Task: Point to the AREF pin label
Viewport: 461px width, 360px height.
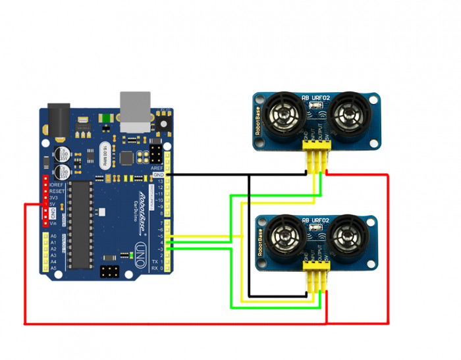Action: pos(157,168)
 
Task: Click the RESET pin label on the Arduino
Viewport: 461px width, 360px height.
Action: pos(56,191)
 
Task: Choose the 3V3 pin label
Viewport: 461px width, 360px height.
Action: pos(54,197)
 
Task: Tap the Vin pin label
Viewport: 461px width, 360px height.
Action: pos(53,224)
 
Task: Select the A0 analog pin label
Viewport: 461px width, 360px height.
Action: pos(53,236)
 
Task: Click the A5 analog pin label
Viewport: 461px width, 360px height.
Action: pos(53,268)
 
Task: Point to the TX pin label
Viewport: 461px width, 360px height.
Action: pos(155,261)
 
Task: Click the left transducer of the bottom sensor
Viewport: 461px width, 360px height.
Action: pos(285,239)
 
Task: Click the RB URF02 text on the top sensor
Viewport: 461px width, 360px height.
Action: pos(315,99)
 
